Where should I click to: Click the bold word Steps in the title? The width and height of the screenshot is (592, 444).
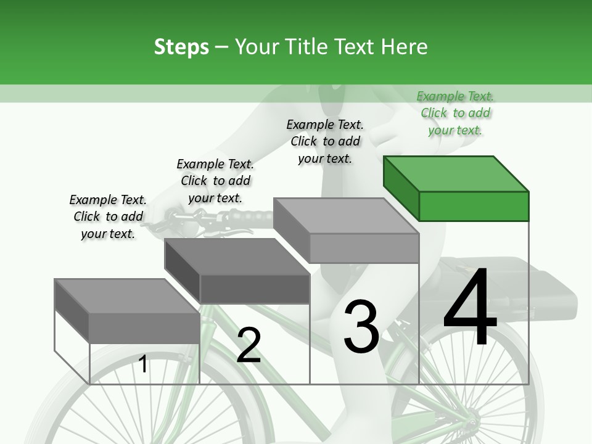[181, 47]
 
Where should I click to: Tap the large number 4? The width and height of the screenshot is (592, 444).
[471, 309]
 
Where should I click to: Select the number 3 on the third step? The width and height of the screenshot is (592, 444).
[361, 326]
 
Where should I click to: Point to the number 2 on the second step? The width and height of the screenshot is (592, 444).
[249, 345]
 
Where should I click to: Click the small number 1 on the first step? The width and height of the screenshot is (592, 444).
[143, 364]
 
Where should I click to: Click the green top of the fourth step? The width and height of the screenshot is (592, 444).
[456, 173]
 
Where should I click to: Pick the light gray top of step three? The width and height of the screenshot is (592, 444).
[345, 216]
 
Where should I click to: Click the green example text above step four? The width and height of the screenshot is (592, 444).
[455, 113]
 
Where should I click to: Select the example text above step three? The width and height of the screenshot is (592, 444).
[325, 141]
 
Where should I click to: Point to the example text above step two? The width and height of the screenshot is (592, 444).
[215, 181]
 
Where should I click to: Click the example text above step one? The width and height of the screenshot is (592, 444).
[108, 216]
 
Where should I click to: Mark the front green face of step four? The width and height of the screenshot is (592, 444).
[474, 206]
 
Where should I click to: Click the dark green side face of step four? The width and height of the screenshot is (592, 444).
[401, 188]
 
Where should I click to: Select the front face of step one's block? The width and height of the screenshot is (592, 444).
[144, 327]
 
